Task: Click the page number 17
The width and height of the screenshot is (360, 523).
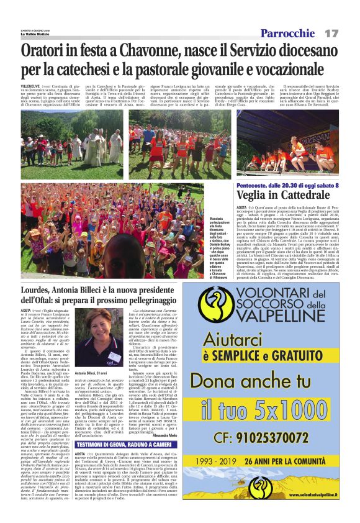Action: point(331,32)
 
